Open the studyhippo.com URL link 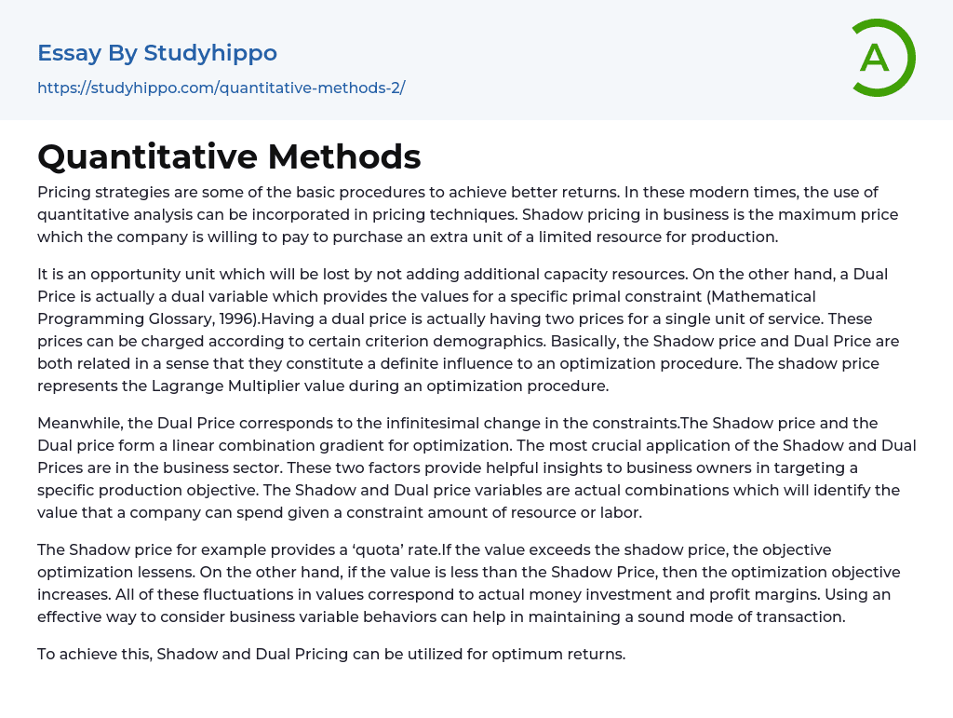click(x=221, y=88)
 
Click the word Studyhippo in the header click(x=210, y=53)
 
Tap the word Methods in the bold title click(x=344, y=156)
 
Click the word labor click(x=621, y=513)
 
